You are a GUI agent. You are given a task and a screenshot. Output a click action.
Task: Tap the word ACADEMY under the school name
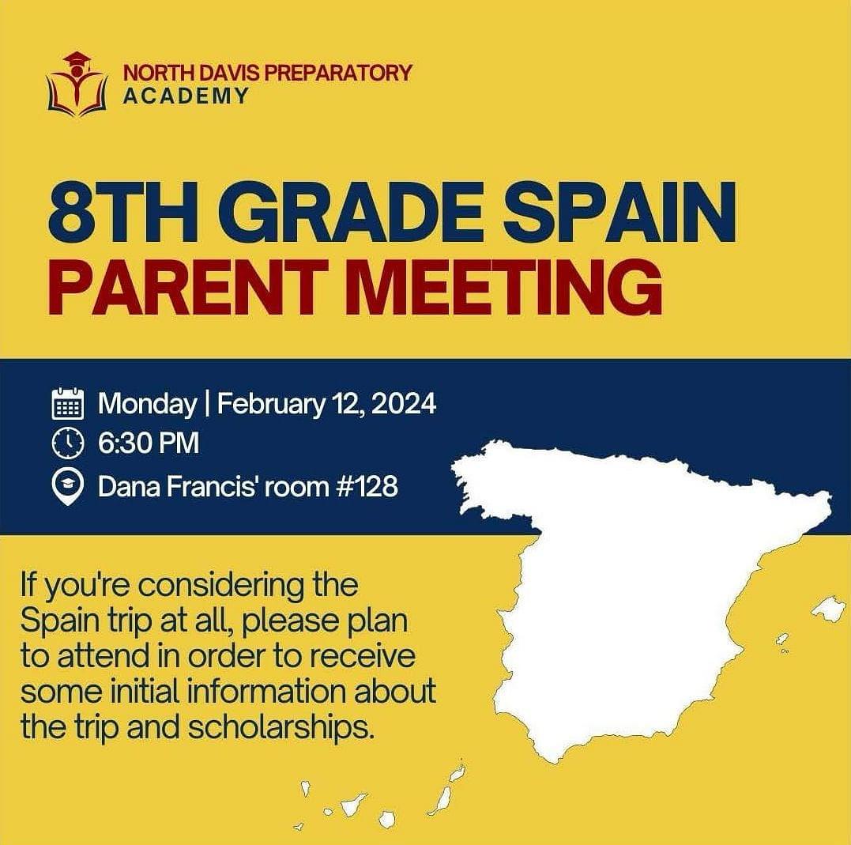[186, 96]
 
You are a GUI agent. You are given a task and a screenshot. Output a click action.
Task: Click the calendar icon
[68, 403]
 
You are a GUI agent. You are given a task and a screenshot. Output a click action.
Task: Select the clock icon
[68, 443]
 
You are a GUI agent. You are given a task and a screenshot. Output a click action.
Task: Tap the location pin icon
[68, 487]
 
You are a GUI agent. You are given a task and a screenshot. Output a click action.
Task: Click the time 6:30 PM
[149, 443]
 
